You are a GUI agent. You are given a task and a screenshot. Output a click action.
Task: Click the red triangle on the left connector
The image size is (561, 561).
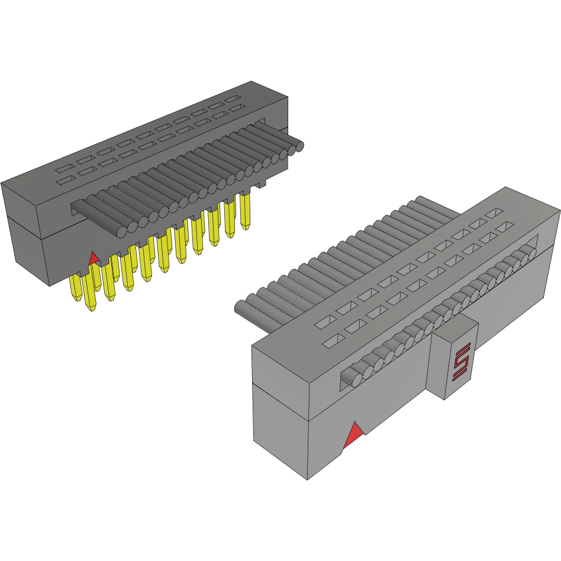point(93,259)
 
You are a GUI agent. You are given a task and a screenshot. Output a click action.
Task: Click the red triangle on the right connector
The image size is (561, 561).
point(353,437)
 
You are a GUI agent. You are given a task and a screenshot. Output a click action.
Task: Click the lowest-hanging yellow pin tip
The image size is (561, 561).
point(91,306)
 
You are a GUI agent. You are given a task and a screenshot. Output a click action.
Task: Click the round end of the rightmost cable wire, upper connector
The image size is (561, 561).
point(299,145)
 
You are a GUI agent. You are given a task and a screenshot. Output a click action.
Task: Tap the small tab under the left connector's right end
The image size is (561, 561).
point(261,185)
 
